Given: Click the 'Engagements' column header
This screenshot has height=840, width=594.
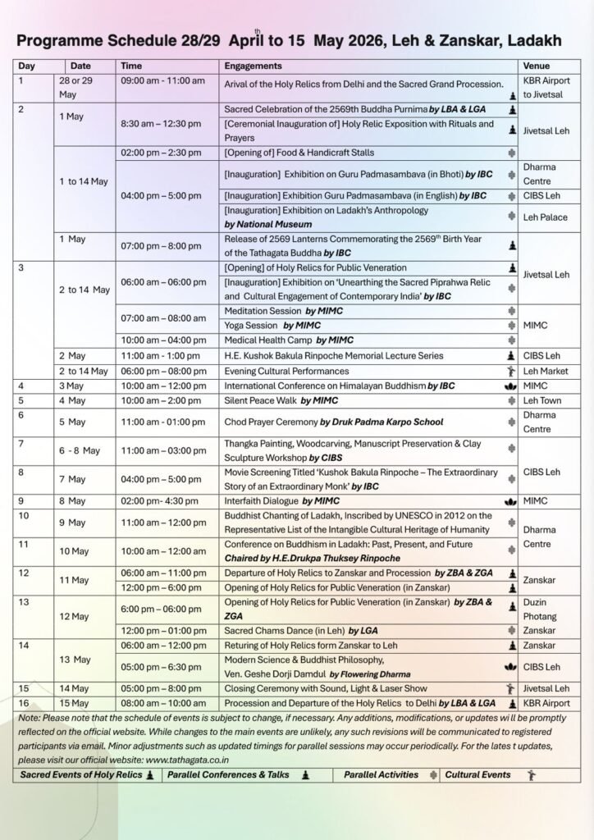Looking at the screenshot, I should pyautogui.click(x=254, y=66).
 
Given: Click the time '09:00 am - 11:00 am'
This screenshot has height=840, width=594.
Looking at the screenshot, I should pyautogui.click(x=162, y=83).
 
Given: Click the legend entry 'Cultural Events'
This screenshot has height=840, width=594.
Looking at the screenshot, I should pyautogui.click(x=477, y=774).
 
